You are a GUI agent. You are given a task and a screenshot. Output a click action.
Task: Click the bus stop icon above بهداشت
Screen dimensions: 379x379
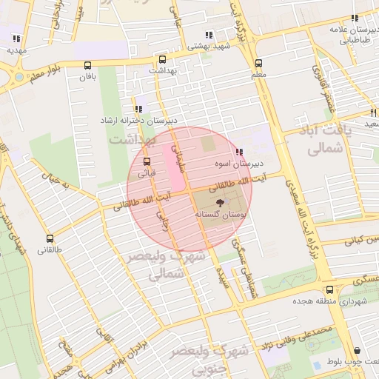pos(162,59)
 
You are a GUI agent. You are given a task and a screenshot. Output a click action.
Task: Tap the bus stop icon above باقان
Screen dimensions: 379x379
pos(88,65)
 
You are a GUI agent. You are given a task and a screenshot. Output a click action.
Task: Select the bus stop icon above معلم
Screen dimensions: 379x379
pos(258,64)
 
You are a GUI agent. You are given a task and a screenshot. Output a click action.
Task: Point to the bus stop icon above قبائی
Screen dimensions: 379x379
pos(146,161)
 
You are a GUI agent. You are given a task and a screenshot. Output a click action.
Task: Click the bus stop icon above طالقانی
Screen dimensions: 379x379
pos(50,238)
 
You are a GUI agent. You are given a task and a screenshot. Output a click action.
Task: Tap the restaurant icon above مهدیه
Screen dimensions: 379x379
pos(16,38)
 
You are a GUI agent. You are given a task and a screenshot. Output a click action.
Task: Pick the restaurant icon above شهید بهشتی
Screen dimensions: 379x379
pos(210,34)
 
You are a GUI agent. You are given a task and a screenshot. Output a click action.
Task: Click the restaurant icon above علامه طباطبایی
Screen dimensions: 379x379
pos(355,18)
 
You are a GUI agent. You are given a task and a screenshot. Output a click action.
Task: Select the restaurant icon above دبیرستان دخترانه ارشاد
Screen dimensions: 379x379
pos(138,109)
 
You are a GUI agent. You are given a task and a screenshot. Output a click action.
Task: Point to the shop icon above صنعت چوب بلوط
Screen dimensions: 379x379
pos(357,350)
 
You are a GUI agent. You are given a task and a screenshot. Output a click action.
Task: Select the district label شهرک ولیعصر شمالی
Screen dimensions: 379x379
pos(155,266)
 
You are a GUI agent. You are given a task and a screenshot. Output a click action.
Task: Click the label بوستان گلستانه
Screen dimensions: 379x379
pos(219,213)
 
